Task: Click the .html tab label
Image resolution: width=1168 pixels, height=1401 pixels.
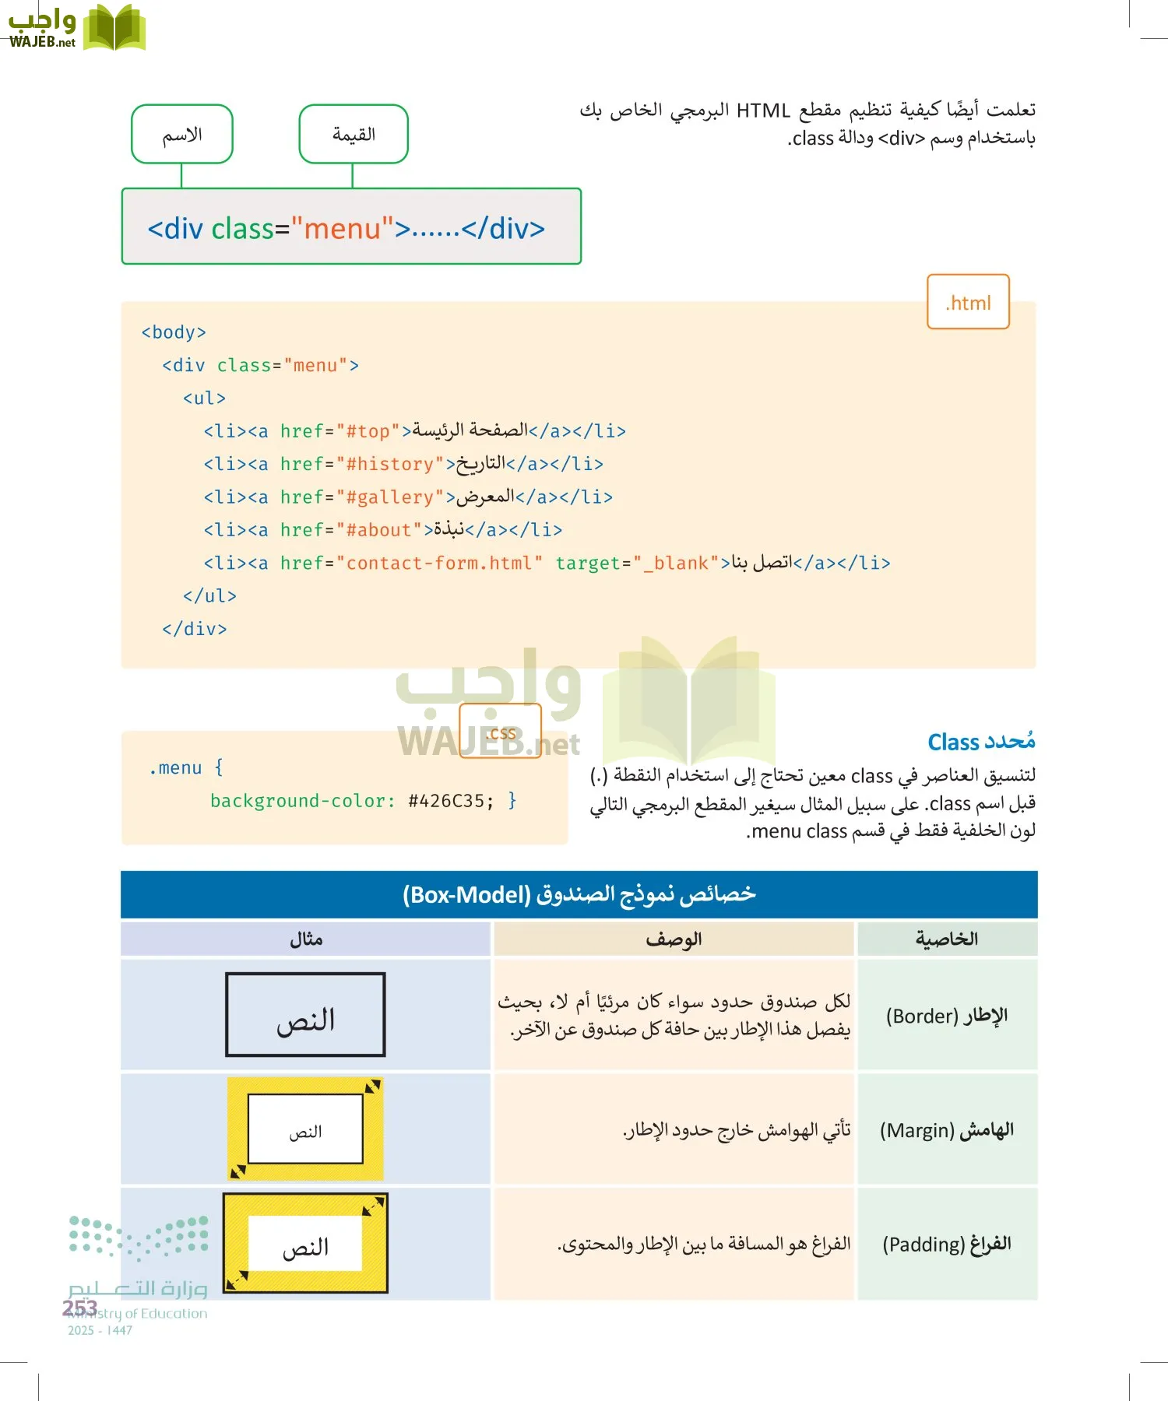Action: (x=968, y=302)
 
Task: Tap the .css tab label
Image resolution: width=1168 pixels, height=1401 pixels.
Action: (x=500, y=732)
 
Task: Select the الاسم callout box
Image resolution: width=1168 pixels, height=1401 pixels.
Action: (x=182, y=135)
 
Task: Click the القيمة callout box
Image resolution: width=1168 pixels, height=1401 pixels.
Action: (x=354, y=135)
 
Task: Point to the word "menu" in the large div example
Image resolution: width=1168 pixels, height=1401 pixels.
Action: (x=343, y=229)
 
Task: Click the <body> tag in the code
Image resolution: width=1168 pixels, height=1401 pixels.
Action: (x=174, y=332)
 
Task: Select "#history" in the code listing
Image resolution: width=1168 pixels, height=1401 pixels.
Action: (x=389, y=465)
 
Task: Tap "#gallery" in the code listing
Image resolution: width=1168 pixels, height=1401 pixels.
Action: (x=389, y=497)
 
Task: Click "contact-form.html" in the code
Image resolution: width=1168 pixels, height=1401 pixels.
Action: (x=439, y=563)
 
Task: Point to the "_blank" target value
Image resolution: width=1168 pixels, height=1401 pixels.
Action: (x=676, y=563)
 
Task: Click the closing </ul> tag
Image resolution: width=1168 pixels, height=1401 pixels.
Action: (x=209, y=596)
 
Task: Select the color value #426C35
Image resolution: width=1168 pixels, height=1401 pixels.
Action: (x=450, y=801)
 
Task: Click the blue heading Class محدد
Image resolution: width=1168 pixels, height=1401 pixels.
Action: (x=981, y=742)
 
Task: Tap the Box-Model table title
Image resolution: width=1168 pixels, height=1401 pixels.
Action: (x=579, y=895)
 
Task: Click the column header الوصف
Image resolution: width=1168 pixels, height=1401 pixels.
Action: (x=674, y=939)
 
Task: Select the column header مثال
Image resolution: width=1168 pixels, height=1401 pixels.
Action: (x=306, y=939)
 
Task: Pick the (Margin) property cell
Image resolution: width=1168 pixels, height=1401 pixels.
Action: (x=947, y=1130)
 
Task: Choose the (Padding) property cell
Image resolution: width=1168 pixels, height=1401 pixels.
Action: (x=947, y=1244)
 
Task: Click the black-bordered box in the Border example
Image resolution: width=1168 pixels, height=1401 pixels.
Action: (x=305, y=1014)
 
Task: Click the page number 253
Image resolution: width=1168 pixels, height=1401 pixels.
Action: (x=79, y=1308)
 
